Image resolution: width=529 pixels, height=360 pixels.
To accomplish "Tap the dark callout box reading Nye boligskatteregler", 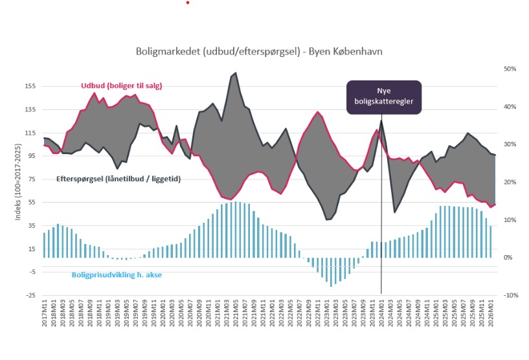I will pos(384,97).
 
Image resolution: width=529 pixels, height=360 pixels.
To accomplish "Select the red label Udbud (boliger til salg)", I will pos(121,85).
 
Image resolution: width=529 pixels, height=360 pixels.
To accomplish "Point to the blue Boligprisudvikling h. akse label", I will pos(116,275).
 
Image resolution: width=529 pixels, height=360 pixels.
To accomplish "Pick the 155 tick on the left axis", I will pos(30,86).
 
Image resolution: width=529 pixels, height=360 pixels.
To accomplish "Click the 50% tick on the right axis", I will pos(510,69).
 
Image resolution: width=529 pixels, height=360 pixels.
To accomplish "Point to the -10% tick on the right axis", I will pos(509,296).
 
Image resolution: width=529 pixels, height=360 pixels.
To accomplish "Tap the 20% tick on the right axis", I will pos(510,182).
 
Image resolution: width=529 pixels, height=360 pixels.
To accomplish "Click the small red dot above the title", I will pos(187,3).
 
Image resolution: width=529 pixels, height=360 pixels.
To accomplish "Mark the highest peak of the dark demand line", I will pos(234,73).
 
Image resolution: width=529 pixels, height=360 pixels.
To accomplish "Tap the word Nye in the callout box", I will pos(384,91).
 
